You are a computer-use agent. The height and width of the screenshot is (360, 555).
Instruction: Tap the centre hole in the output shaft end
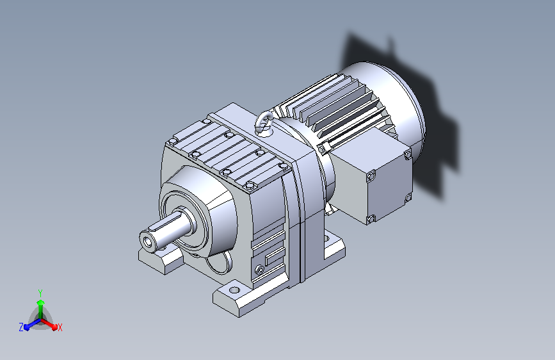click(148, 242)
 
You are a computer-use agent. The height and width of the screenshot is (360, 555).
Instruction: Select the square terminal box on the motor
click(372, 174)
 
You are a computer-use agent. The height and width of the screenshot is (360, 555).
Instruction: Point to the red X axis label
click(60, 327)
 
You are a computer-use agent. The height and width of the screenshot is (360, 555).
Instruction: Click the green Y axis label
click(40, 293)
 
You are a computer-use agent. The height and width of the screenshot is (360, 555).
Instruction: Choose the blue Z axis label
click(21, 327)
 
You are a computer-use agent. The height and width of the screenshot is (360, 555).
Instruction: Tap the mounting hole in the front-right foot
click(234, 290)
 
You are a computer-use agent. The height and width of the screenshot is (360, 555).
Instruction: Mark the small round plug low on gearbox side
click(259, 270)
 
